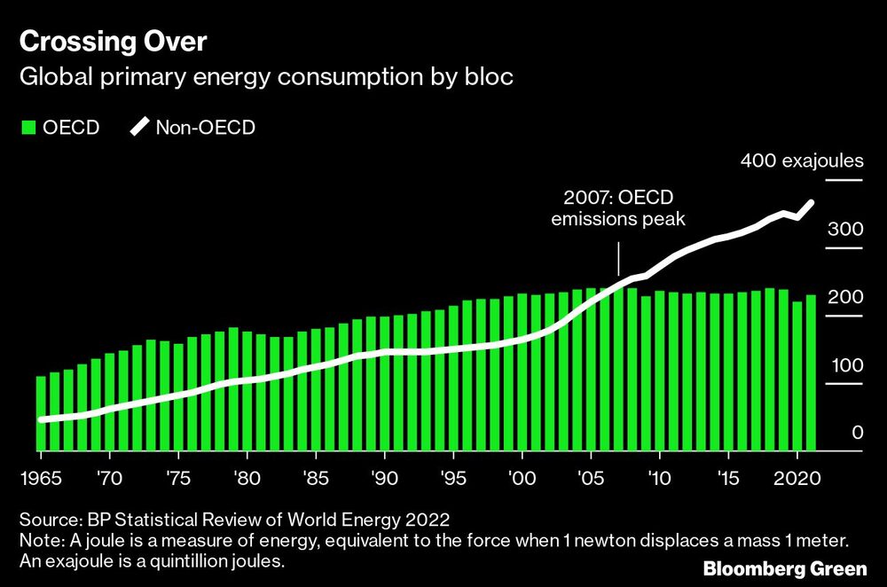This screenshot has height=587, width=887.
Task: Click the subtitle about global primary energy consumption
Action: tap(266, 77)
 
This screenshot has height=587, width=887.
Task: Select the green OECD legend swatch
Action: tap(27, 128)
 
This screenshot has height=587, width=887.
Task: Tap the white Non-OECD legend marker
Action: tap(140, 128)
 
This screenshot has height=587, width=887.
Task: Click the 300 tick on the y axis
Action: tap(844, 229)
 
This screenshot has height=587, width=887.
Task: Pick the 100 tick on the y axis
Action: tap(844, 365)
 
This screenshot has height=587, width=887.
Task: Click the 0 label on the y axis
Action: tap(857, 433)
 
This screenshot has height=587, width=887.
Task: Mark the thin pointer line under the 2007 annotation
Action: tap(618, 262)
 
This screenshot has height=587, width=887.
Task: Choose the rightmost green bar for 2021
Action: tap(811, 373)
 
